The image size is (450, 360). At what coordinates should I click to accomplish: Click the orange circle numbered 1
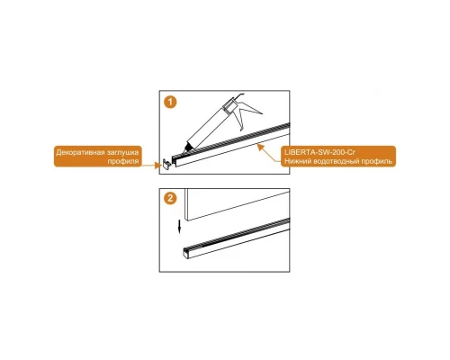[170, 102]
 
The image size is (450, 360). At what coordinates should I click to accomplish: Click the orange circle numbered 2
[170, 198]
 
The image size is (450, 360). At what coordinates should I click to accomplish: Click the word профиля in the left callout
[123, 161]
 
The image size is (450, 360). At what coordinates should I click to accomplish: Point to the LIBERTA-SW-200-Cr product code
[319, 152]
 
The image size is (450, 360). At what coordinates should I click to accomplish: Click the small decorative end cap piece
[166, 164]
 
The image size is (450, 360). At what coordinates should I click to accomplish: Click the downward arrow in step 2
[179, 227]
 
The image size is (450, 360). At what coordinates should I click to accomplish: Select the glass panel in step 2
[237, 204]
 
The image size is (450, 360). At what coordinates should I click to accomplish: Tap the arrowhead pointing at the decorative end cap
[158, 165]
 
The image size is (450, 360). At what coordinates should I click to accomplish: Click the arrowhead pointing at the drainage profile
[261, 147]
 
